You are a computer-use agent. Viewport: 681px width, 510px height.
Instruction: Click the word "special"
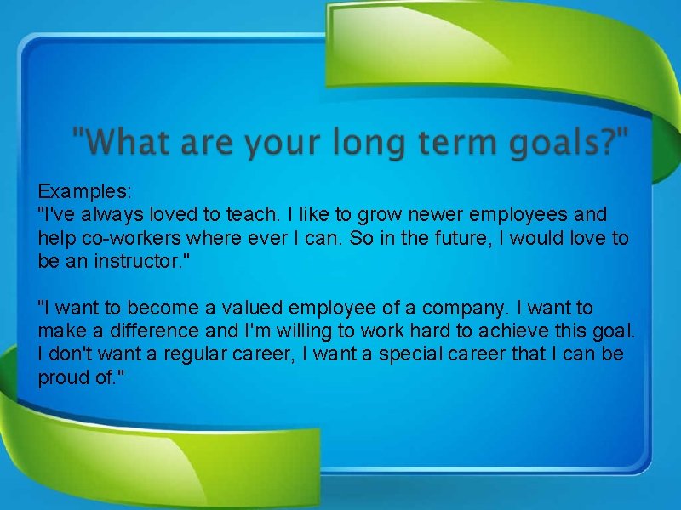pos(413,353)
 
